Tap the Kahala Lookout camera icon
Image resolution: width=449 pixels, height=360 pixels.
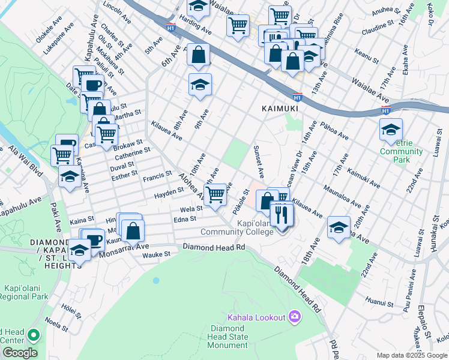tap(295, 316)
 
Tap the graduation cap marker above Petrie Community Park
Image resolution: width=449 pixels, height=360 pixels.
tap(391, 130)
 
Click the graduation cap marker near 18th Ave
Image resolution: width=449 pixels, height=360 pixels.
tap(339, 228)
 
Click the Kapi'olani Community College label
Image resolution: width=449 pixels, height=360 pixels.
tap(237, 228)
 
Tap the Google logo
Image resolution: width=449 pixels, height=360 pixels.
tap(20, 352)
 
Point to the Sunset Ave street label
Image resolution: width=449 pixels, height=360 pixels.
tap(259, 161)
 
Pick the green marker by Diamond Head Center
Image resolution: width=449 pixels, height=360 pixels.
tap(34, 335)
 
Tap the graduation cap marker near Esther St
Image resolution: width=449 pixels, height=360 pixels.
tap(70, 178)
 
